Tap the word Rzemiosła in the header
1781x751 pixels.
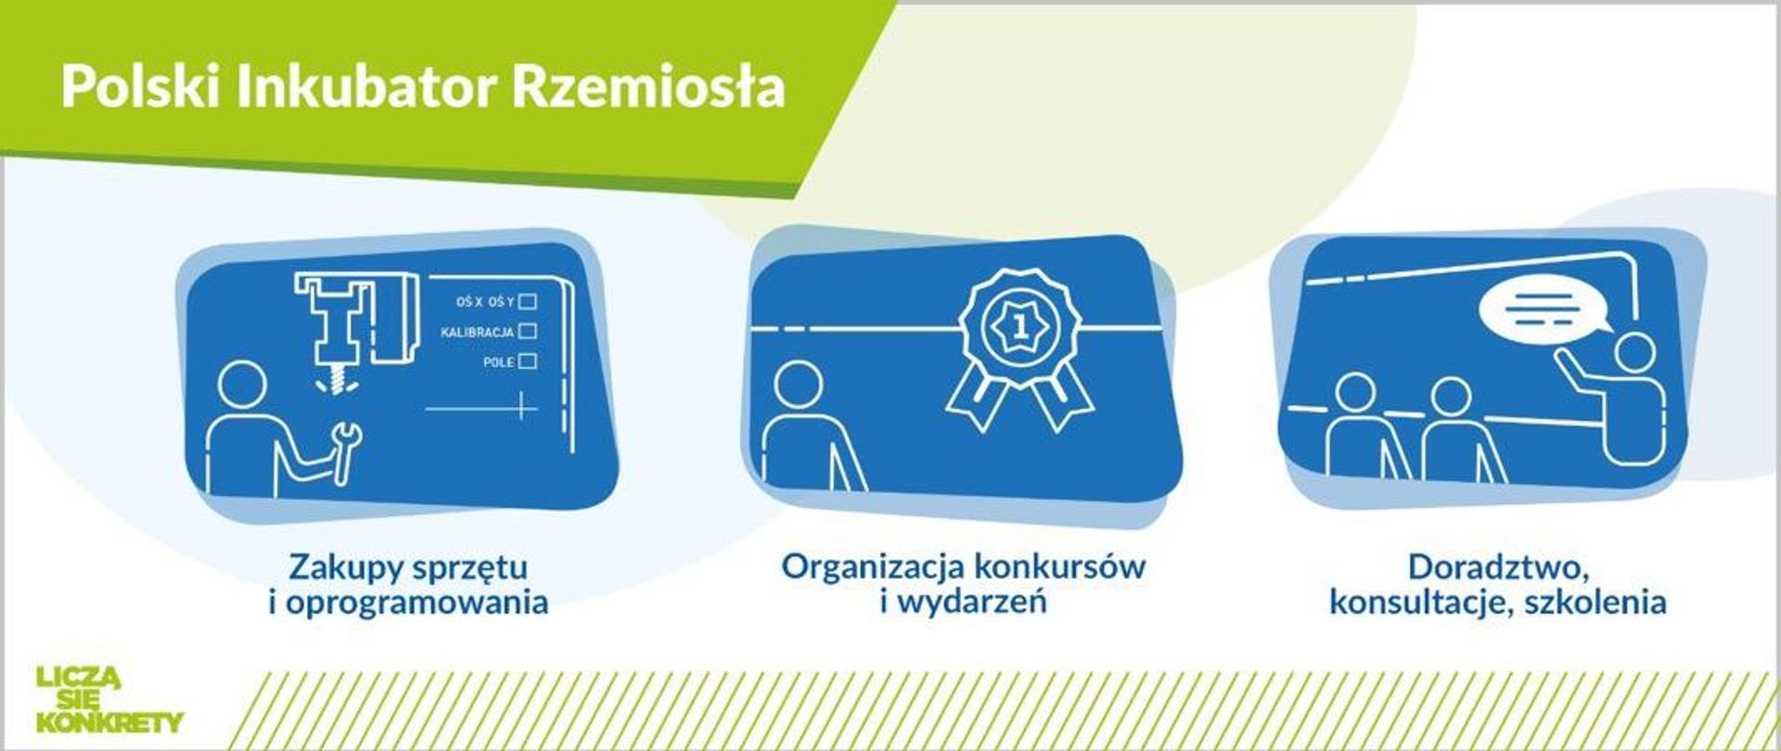[648, 88]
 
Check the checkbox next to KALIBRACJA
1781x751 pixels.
[528, 331]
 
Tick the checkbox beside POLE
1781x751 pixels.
[527, 362]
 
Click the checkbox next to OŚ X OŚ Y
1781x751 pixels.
[528, 301]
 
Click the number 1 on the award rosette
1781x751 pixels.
[1020, 327]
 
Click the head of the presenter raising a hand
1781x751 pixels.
[1634, 353]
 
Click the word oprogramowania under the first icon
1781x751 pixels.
[416, 603]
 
